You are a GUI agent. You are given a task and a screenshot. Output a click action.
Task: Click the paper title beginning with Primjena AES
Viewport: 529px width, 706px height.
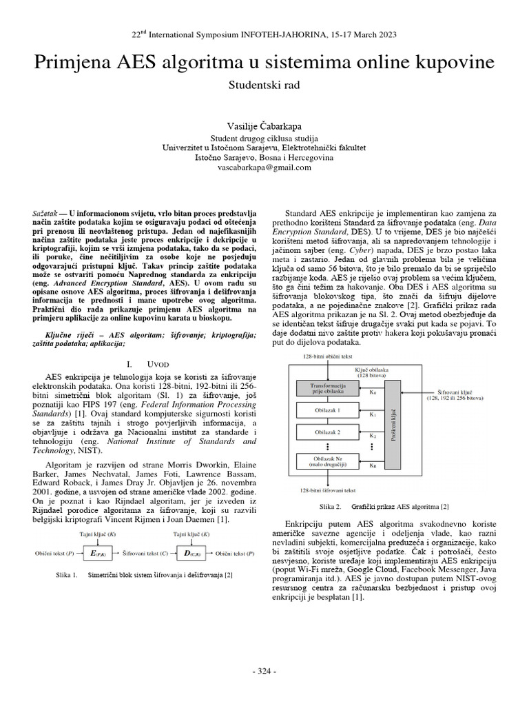pyautogui.click(x=264, y=63)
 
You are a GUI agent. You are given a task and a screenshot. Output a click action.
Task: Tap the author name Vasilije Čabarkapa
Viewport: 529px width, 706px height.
pyautogui.click(x=264, y=126)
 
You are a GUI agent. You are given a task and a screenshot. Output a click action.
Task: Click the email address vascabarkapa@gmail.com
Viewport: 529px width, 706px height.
pyautogui.click(x=264, y=167)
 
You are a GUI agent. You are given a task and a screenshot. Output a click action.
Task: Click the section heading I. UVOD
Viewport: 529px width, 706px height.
pyautogui.click(x=145, y=363)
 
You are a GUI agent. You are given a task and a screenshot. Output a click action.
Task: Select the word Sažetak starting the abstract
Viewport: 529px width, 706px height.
pyautogui.click(x=47, y=207)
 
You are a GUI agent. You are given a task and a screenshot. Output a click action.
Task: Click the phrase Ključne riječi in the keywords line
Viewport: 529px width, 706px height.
pyautogui.click(x=62, y=334)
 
